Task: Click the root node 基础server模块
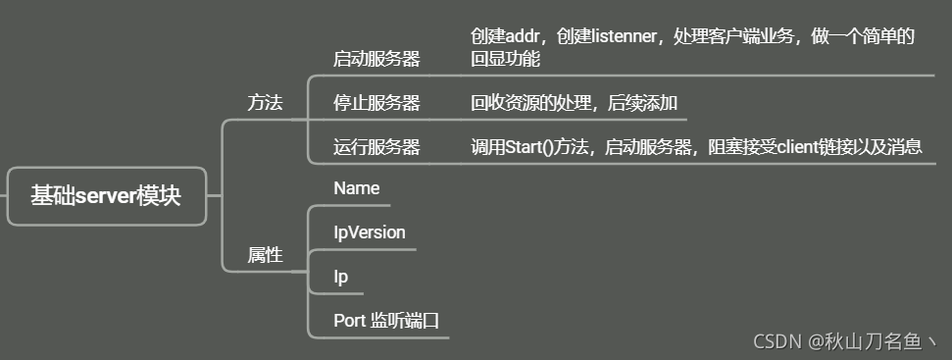pos(106,196)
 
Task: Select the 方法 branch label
pos(265,103)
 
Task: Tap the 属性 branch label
pos(265,255)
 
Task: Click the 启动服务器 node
pos(376,59)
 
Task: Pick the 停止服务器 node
pos(376,103)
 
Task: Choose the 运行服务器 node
pos(376,147)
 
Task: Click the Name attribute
pos(356,187)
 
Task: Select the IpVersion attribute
pos(370,232)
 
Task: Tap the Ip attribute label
pos(341,277)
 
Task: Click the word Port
pos(350,321)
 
